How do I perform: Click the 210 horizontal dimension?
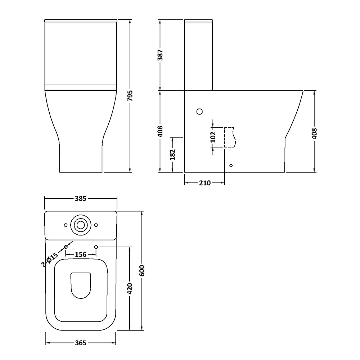point(204,183)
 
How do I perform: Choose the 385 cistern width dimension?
point(81,198)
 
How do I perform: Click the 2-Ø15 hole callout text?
point(50,260)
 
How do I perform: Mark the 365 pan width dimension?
point(81,343)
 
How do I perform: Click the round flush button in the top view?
point(80,225)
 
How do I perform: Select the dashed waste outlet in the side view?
point(229,138)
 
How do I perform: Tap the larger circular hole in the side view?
point(200,112)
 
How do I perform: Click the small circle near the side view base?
point(231,166)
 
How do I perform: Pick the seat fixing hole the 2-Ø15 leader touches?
point(66,247)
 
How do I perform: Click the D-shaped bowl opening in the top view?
point(81,284)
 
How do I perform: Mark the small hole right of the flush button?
point(96,225)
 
